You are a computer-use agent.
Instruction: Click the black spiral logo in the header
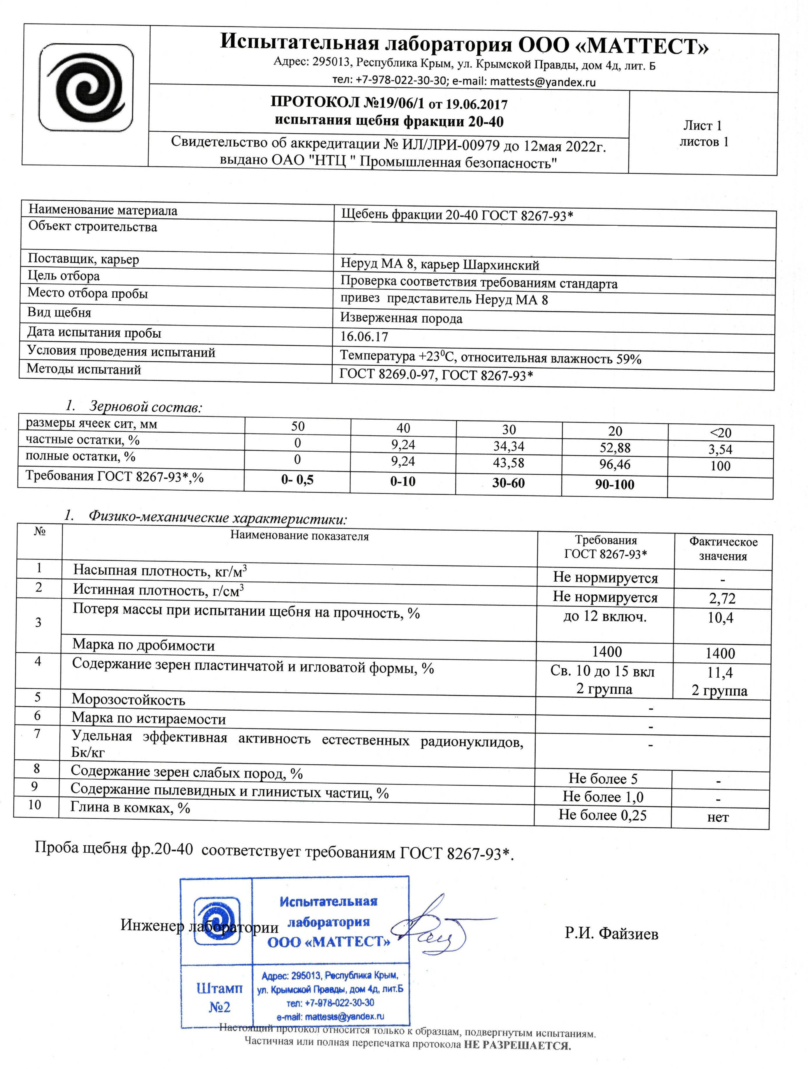(86, 87)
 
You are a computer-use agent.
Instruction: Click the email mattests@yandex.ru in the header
(543, 82)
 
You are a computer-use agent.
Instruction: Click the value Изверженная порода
(401, 319)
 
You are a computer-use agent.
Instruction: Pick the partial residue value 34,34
(509, 446)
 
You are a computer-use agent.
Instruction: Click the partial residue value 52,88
(615, 448)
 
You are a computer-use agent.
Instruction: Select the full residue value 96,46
(614, 464)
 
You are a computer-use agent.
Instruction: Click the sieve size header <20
(720, 432)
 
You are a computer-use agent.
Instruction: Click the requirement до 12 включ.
(605, 617)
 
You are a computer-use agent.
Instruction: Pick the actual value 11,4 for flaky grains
(720, 672)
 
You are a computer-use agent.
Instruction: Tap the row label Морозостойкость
(128, 700)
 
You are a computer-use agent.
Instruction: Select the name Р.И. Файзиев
(611, 934)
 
